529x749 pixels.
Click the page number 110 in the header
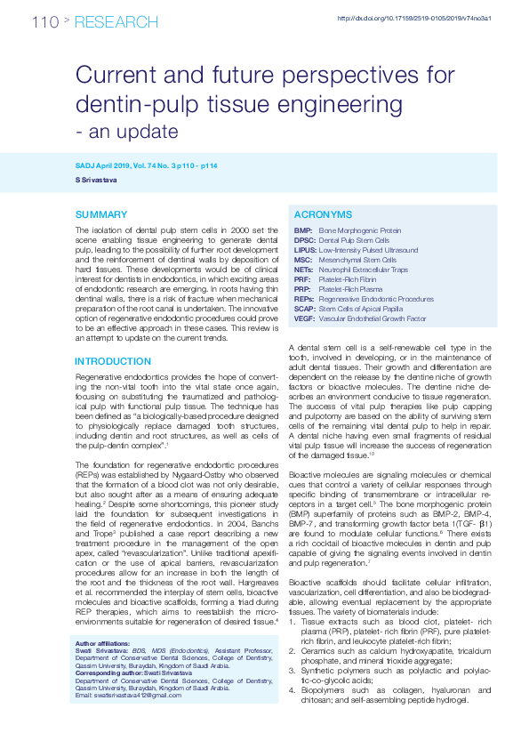coord(44,21)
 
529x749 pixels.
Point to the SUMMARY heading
coord(100,215)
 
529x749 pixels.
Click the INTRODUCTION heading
coord(113,362)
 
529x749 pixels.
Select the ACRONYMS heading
coord(324,215)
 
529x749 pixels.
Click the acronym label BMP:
coord(302,230)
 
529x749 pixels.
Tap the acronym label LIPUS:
coord(305,250)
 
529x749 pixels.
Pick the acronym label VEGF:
coord(304,318)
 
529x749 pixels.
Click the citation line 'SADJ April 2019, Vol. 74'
coord(124,167)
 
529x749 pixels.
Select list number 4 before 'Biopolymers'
coord(293,689)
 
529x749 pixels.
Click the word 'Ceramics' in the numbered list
coord(318,650)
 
